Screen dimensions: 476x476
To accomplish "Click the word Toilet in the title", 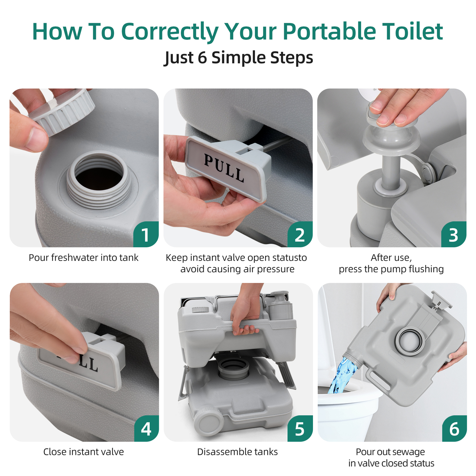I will (412, 32).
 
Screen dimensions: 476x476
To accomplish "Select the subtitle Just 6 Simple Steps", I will (238, 57).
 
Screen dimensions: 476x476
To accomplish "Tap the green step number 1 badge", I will (146, 235).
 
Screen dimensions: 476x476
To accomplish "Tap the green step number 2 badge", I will (300, 235).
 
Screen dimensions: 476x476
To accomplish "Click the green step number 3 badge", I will (453, 235).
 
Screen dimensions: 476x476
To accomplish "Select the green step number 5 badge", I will (300, 429).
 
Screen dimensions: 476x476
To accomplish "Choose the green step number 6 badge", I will (454, 429).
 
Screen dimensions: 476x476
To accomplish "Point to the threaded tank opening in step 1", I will (98, 178).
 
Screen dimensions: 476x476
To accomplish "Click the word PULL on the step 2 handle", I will (224, 168).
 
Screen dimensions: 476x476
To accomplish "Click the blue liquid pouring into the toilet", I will (342, 376).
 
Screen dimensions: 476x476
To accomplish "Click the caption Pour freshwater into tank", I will (83, 258).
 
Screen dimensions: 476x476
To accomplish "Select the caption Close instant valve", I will (83, 452).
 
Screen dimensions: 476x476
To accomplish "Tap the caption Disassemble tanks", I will (237, 452).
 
